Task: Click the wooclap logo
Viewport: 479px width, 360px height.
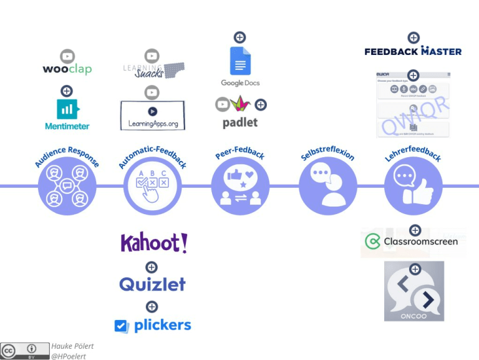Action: (67, 69)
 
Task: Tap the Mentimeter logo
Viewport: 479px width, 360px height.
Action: (67, 114)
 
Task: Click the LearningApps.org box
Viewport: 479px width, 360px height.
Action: (152, 115)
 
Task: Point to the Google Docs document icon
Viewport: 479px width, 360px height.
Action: (239, 61)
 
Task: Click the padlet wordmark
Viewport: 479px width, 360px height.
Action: (240, 122)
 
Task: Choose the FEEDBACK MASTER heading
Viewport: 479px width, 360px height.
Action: (413, 51)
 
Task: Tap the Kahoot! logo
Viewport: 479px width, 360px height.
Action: (153, 243)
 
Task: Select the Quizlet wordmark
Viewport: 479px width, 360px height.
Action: (152, 285)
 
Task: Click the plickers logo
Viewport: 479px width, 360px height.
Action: (153, 325)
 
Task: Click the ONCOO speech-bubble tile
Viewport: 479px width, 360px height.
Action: (414, 291)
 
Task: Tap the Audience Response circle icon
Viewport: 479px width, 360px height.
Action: (67, 186)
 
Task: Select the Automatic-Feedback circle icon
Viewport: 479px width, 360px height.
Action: (152, 186)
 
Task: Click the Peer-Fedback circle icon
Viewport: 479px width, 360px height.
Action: (240, 186)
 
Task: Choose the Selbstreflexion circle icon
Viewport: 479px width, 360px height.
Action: (328, 186)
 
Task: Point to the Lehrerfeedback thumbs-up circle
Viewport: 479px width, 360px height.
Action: (413, 186)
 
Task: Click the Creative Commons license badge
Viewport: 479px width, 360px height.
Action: (25, 351)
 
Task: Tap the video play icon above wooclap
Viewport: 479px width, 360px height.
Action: (67, 56)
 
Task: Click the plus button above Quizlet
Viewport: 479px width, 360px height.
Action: (152, 267)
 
